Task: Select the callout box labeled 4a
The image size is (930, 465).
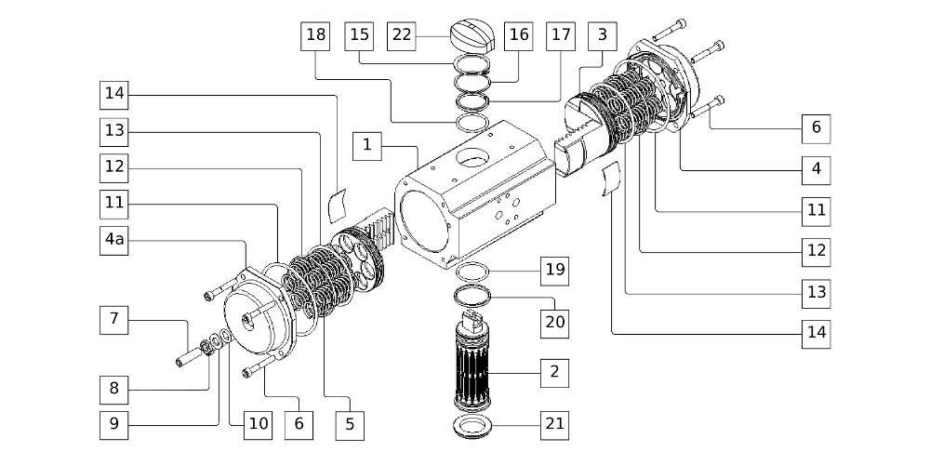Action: (114, 239)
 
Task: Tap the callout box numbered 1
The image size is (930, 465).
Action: (368, 145)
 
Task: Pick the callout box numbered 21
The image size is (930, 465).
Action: (554, 424)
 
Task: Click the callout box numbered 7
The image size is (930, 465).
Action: (114, 319)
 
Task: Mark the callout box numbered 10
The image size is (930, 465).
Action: (258, 424)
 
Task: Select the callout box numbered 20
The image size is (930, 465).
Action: (554, 322)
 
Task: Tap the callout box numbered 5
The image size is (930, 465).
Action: (350, 424)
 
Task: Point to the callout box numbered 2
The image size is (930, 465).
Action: (554, 372)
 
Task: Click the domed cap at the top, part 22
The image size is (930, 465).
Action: (476, 38)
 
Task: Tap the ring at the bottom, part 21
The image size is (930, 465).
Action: (476, 429)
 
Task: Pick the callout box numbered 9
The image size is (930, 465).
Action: (114, 424)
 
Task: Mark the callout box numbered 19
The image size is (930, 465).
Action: (554, 271)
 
